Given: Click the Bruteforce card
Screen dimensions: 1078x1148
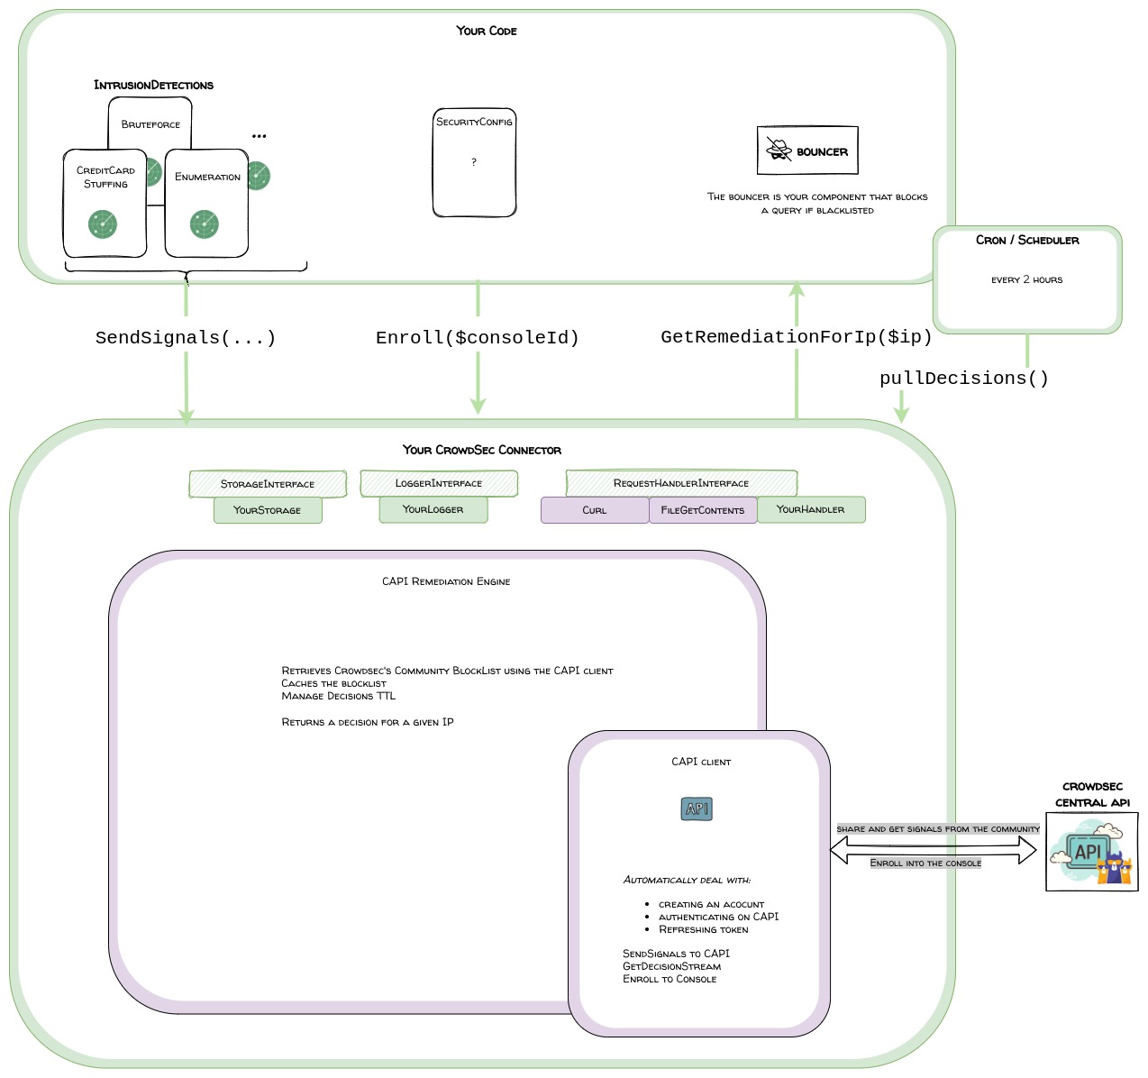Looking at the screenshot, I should [x=150, y=123].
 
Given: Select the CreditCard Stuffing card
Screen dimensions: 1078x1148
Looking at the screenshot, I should [x=105, y=204].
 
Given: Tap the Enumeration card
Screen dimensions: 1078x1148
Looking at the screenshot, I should [x=206, y=204].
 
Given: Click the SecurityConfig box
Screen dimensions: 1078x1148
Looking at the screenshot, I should [x=474, y=162].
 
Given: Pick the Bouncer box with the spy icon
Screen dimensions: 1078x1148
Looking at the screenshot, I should [x=807, y=151].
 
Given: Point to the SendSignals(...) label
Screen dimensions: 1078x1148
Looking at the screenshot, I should [x=186, y=338].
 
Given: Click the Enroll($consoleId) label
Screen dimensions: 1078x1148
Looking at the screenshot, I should [x=478, y=338].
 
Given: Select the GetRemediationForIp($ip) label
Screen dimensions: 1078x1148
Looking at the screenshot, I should [x=797, y=337].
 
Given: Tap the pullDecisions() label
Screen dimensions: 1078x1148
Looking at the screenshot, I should [x=964, y=379].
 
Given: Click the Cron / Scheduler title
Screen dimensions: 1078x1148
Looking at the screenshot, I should [x=1027, y=241].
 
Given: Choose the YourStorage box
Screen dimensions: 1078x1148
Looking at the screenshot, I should [x=268, y=510].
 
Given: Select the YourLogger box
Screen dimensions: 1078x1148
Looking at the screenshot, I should [x=433, y=509].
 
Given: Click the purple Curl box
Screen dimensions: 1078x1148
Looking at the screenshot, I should [x=595, y=510].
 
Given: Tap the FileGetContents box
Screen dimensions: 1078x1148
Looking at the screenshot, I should [x=703, y=510].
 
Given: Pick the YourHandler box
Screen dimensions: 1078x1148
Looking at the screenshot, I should [x=811, y=509].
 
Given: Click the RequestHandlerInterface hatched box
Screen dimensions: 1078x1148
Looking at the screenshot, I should [x=681, y=483].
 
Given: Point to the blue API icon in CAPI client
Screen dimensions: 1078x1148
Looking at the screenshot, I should [x=697, y=809].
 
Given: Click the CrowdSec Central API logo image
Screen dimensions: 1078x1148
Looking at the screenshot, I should [x=1091, y=852].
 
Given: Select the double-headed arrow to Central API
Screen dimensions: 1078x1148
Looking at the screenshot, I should [x=934, y=849].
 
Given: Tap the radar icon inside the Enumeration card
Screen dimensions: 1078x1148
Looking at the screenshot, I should [x=205, y=224].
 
